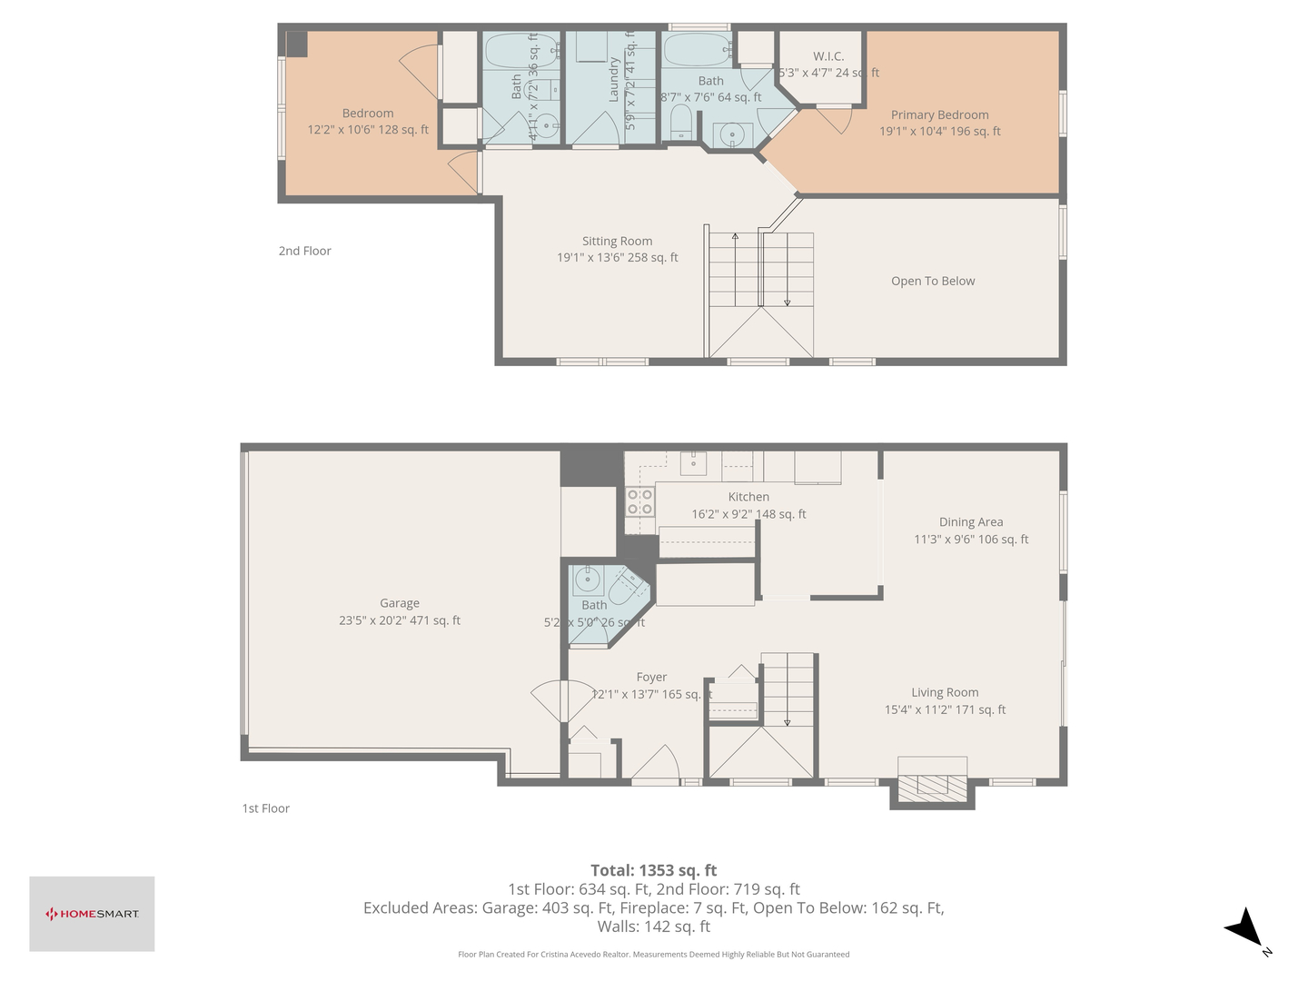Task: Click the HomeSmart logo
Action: [x=92, y=914]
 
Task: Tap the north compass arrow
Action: [x=1245, y=929]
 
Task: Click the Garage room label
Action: [x=400, y=603]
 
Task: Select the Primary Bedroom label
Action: [x=939, y=115]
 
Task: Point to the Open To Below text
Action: [x=933, y=282]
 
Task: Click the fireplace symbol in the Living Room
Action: [x=932, y=784]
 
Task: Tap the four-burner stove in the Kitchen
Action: [x=639, y=502]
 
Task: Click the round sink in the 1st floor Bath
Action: [x=587, y=579]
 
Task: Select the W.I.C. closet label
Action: [x=828, y=56]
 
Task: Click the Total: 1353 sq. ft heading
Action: [x=653, y=870]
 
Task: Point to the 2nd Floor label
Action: [x=304, y=252]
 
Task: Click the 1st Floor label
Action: [x=265, y=808]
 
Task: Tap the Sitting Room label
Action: [x=617, y=242]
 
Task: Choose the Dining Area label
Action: [x=971, y=522]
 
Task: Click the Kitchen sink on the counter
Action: [x=694, y=463]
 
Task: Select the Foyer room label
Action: [x=651, y=678]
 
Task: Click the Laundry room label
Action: [x=614, y=79]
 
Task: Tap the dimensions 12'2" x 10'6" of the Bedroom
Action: [x=368, y=130]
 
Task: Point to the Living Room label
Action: [x=945, y=693]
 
